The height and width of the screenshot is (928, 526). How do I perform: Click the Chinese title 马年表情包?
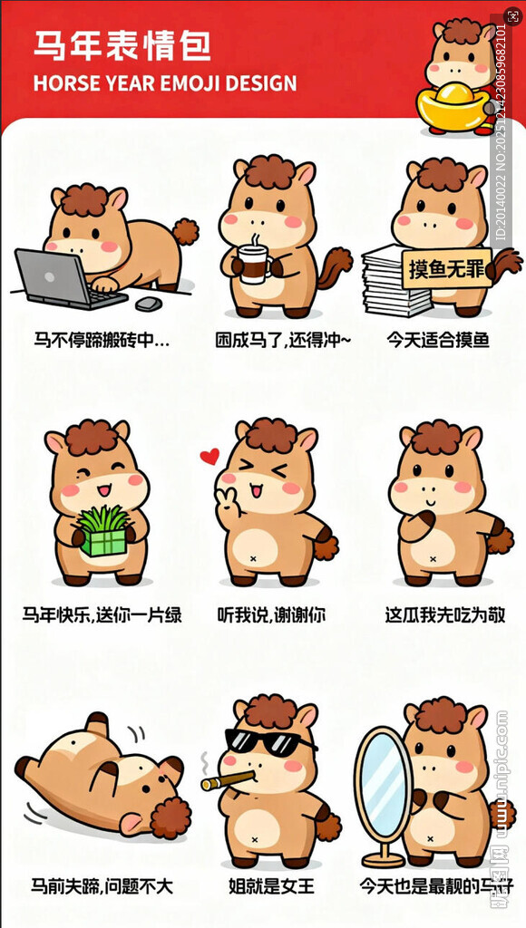tap(122, 45)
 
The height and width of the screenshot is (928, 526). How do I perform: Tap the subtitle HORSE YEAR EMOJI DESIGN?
tap(164, 84)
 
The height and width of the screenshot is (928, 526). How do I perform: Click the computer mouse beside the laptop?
tap(149, 303)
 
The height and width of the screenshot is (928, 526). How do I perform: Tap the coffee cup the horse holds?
tap(255, 264)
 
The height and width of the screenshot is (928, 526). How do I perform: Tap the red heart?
tap(209, 456)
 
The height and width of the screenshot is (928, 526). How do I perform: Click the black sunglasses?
tap(267, 741)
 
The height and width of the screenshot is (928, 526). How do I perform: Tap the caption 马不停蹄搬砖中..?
tap(102, 341)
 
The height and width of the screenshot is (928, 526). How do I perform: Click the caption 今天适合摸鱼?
tap(438, 341)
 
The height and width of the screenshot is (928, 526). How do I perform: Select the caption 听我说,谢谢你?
tap(271, 615)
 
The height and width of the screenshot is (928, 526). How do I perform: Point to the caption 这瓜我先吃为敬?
tap(444, 615)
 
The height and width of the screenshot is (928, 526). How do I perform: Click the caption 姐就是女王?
tap(271, 885)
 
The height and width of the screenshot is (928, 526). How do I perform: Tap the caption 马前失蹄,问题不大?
tap(102, 885)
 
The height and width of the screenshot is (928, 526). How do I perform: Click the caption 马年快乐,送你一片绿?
tap(102, 615)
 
